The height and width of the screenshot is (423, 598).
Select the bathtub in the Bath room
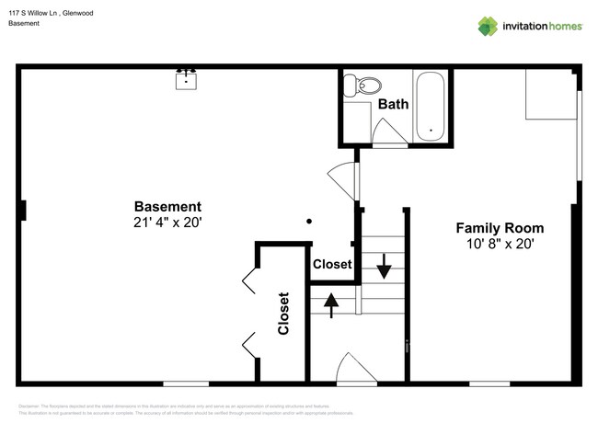(x=431, y=105)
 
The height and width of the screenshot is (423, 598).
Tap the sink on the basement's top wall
(x=187, y=79)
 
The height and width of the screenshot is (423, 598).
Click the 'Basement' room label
(x=167, y=206)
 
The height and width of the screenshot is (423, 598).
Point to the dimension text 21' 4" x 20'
(x=167, y=223)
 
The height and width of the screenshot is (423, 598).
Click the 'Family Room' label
(x=500, y=228)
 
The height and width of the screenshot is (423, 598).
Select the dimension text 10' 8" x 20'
(x=500, y=245)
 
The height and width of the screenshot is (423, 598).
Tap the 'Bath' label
(x=393, y=104)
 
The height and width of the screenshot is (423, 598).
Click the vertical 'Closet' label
(x=283, y=314)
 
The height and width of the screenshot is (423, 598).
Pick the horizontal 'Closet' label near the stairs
(x=332, y=264)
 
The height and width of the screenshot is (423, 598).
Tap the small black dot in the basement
(x=309, y=221)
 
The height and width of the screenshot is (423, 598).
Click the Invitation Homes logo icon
(x=488, y=26)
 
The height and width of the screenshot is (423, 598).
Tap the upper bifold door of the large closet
(x=249, y=280)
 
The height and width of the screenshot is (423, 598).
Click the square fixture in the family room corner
(x=550, y=96)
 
